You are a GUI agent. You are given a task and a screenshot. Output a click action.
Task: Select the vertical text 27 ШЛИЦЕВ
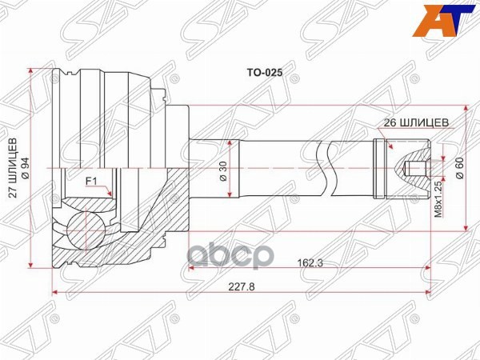13,169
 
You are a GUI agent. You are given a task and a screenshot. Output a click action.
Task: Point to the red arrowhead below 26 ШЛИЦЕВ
390,146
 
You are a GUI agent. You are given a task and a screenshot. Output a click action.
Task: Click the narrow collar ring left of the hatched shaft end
378,169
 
